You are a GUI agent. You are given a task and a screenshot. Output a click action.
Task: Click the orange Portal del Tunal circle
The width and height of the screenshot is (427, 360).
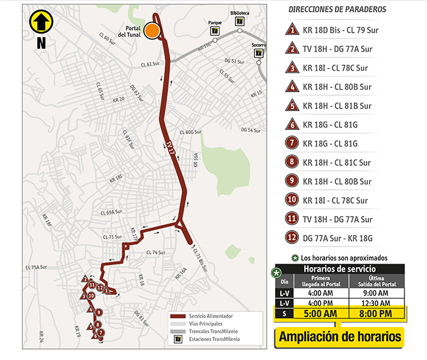click(152, 30)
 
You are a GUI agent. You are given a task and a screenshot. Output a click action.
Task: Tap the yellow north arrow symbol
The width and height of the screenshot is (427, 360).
click(41, 22)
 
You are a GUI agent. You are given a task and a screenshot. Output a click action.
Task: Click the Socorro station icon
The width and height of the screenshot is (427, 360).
click(259, 53)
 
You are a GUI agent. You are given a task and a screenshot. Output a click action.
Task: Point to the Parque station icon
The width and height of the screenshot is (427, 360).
click(214, 31)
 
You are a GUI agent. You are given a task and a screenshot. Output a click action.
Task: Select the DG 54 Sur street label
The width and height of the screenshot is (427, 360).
click(251, 130)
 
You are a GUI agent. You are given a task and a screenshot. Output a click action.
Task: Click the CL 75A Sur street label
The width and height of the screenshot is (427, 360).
click(36, 267)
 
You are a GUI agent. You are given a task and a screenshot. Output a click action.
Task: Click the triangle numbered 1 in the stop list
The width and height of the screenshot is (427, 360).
click(293, 29)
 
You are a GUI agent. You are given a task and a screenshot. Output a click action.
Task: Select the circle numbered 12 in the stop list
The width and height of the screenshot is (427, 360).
click(293, 238)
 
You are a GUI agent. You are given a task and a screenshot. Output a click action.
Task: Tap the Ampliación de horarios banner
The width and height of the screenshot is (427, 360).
click(340, 336)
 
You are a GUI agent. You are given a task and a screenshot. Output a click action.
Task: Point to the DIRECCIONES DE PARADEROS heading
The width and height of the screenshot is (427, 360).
click(337, 10)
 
